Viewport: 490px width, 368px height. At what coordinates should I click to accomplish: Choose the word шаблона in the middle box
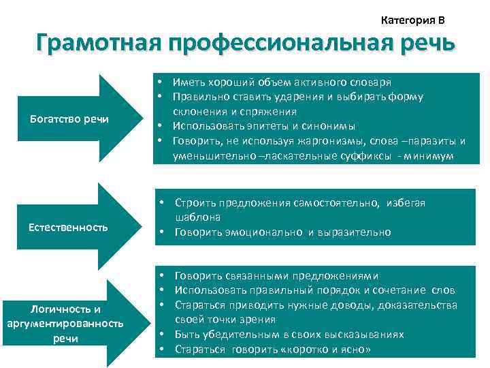[197, 217]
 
